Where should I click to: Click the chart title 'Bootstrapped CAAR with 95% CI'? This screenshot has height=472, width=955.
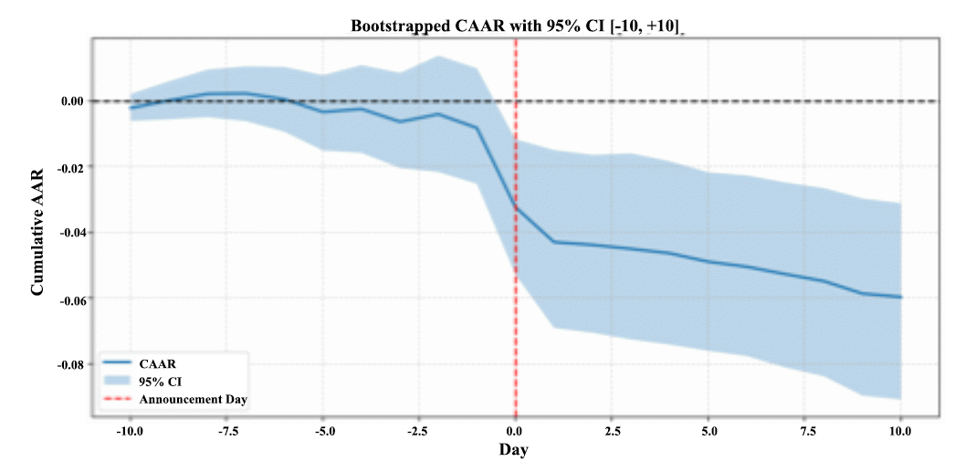[x=518, y=26]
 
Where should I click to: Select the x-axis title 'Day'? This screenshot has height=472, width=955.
[x=513, y=449]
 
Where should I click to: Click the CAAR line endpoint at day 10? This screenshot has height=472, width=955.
[x=901, y=297]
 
